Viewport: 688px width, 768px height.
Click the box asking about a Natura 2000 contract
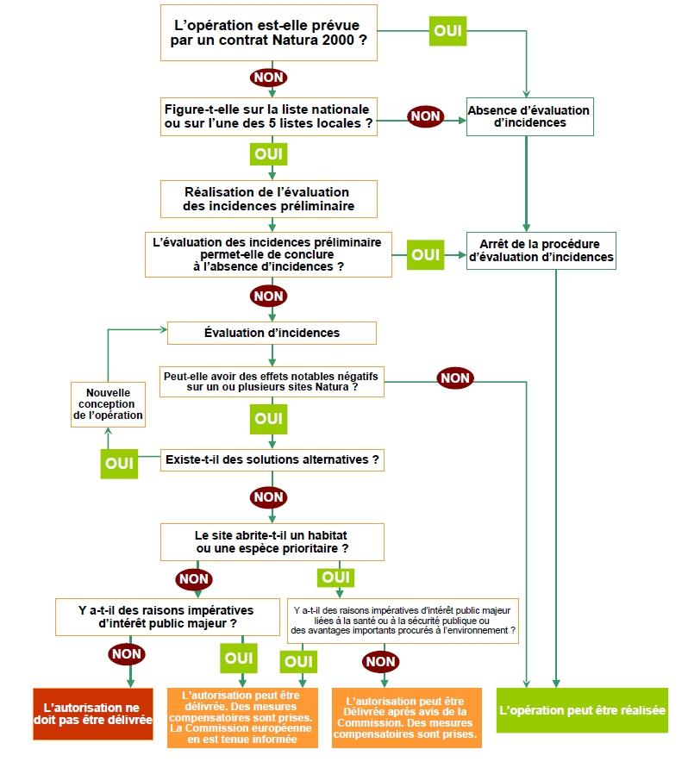click(x=269, y=34)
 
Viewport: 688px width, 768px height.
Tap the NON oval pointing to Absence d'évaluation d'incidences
click(x=425, y=116)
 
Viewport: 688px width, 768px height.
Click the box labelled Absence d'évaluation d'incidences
click(x=529, y=116)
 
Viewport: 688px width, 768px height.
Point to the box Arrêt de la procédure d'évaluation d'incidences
click(x=541, y=250)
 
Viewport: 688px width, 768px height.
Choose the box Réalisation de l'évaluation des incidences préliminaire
click(x=269, y=199)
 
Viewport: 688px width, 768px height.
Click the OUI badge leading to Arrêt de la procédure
click(x=425, y=255)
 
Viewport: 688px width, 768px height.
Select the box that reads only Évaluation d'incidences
click(x=272, y=333)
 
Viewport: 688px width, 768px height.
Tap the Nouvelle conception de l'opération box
click(x=108, y=403)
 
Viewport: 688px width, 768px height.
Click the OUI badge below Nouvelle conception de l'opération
click(x=120, y=462)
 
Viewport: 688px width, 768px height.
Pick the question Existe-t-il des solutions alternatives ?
click(x=272, y=459)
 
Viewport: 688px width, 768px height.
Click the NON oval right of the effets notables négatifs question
click(x=454, y=378)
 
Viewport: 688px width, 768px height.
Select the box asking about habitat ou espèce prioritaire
click(x=272, y=540)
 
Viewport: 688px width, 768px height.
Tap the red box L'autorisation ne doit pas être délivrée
click(x=92, y=713)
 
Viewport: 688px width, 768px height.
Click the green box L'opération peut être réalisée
click(x=582, y=710)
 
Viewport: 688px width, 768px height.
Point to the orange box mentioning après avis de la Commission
click(x=405, y=717)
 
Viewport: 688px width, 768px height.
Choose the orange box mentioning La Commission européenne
click(x=241, y=717)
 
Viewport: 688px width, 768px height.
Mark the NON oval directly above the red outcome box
click(x=127, y=654)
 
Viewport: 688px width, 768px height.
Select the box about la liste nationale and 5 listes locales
click(x=269, y=116)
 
